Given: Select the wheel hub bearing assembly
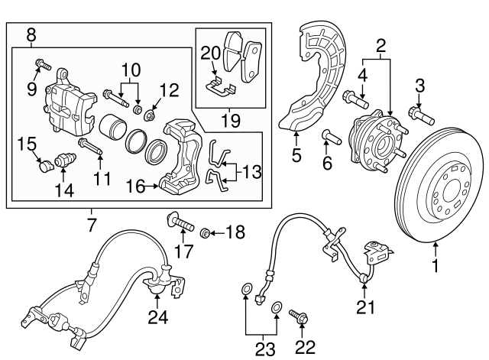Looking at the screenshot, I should tap(370, 141).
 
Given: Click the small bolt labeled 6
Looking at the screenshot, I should tap(329, 138).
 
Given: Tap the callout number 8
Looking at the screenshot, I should tap(31, 34).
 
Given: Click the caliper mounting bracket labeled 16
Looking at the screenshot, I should tap(180, 157).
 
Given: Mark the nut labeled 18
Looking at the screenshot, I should tap(206, 232).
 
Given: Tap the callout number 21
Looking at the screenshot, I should tap(365, 308).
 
